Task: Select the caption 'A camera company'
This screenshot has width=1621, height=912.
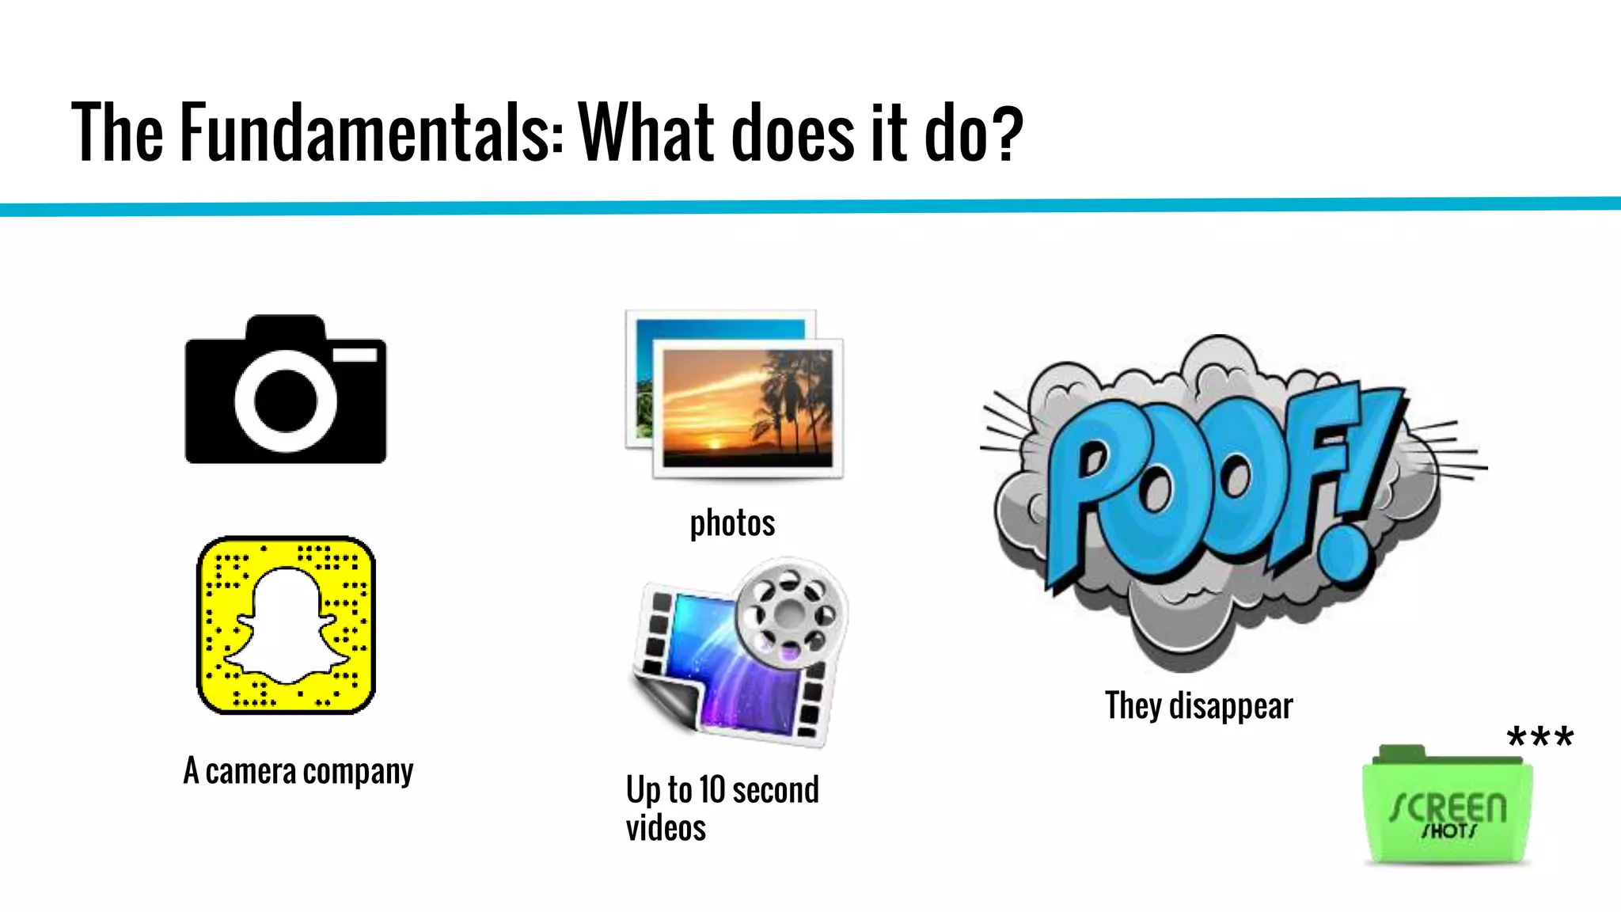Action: pyautogui.click(x=298, y=771)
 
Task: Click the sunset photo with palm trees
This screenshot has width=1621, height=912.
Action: pyautogui.click(x=747, y=408)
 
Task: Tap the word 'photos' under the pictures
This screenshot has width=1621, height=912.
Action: pyautogui.click(x=732, y=523)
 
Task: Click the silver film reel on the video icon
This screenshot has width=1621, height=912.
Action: pyautogui.click(x=790, y=612)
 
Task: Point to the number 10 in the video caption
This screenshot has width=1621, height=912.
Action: pyautogui.click(x=712, y=790)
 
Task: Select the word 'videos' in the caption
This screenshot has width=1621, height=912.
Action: pyautogui.click(x=666, y=828)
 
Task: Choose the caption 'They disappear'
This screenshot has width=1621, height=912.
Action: pyautogui.click(x=1198, y=705)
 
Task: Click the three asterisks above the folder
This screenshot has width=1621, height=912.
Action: pyautogui.click(x=1539, y=738)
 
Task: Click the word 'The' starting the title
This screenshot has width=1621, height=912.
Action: pyautogui.click(x=117, y=132)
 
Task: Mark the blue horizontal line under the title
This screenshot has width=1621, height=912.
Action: pyautogui.click(x=810, y=207)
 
